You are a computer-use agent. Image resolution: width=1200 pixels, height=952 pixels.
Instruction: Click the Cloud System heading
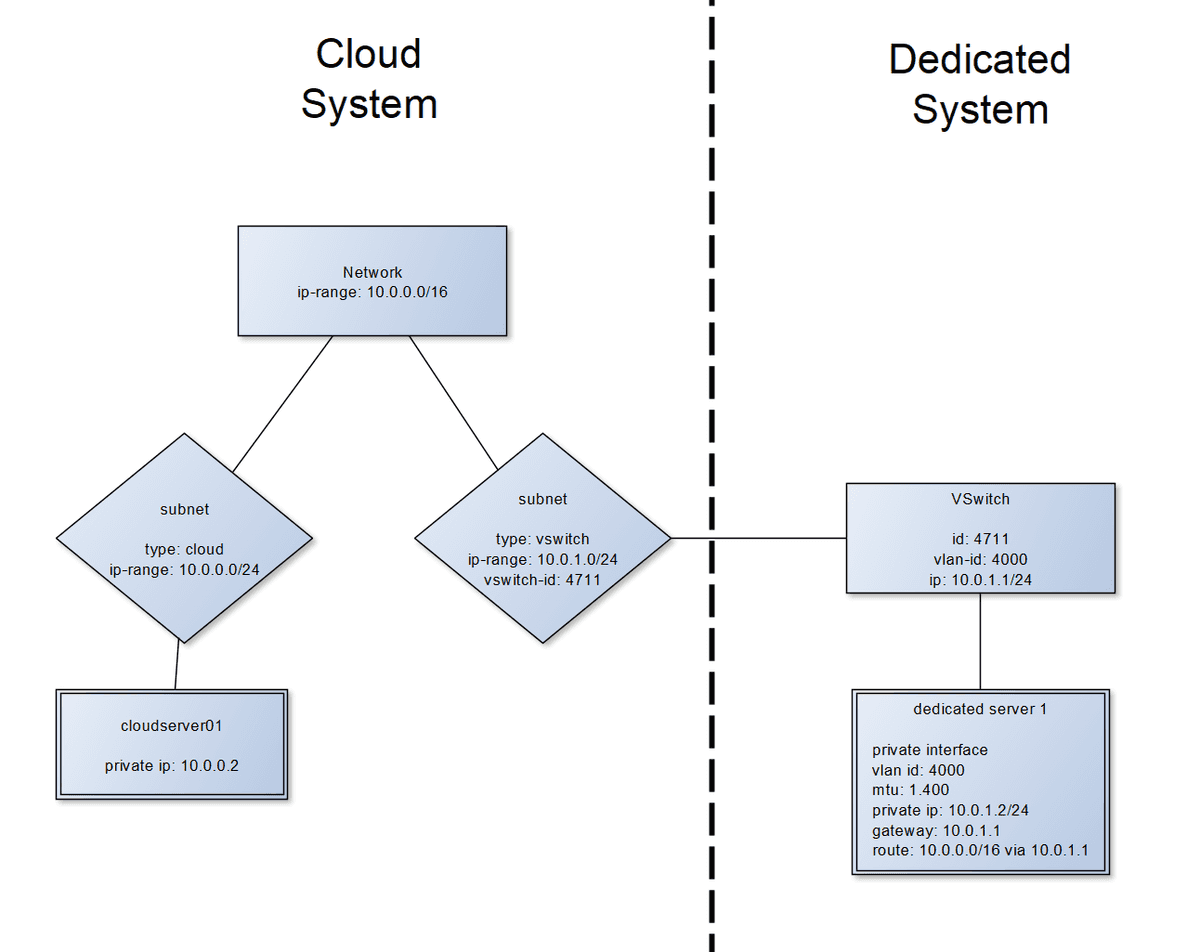369,78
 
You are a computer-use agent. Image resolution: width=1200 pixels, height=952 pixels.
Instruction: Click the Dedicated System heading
980,84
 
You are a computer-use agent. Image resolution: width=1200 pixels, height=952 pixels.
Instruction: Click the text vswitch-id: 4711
542,578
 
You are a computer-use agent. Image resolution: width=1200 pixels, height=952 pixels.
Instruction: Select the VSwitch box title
980,499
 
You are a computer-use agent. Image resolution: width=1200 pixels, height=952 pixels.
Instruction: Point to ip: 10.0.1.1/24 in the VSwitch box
980,578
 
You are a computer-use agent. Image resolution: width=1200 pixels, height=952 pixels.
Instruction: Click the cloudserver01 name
171,725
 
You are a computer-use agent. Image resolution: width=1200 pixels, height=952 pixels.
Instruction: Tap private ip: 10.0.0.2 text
171,766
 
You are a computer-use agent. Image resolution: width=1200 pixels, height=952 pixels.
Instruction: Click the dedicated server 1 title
980,709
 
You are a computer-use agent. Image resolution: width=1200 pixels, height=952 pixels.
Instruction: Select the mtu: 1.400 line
910,790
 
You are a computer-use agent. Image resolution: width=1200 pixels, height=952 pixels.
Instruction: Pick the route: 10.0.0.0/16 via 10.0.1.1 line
979,850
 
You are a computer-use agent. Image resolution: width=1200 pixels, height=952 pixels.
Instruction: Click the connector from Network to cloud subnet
283,403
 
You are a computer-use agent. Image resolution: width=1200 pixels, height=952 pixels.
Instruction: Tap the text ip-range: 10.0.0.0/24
184,569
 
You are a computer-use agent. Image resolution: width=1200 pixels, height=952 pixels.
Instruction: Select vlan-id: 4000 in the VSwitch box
980,559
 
